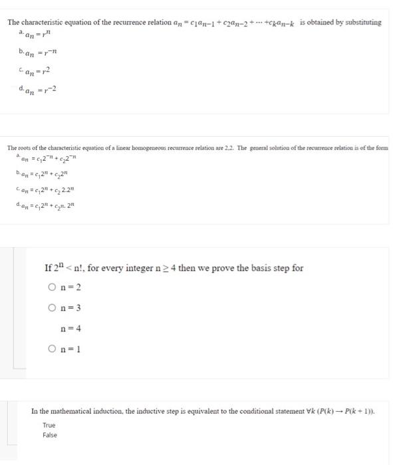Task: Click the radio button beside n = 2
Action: click(x=53, y=288)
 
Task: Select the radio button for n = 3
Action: click(x=53, y=308)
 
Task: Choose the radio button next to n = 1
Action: click(x=53, y=349)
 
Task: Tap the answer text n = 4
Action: click(x=70, y=328)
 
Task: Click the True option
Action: click(x=49, y=425)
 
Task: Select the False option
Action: click(x=50, y=435)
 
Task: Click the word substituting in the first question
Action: click(x=360, y=22)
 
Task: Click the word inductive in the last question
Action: click(x=148, y=411)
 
